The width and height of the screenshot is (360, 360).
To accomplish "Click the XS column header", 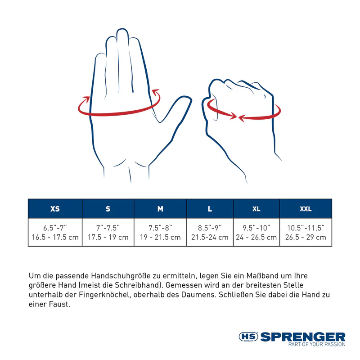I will click(x=55, y=209).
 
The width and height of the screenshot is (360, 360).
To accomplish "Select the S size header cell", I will click(x=108, y=209).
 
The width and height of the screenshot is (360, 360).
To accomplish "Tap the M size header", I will click(x=160, y=209).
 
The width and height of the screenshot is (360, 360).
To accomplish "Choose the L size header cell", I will click(x=210, y=209).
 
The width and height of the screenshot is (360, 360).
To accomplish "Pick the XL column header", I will click(x=256, y=209).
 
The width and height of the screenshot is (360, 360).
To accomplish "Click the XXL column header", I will click(x=306, y=209).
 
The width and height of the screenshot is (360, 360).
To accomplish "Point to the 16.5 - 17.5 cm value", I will click(x=55, y=237).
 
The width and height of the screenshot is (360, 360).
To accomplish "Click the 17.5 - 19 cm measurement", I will click(x=108, y=237).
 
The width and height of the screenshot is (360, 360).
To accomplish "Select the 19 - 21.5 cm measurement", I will click(x=160, y=237).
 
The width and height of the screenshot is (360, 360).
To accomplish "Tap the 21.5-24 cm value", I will click(x=210, y=237).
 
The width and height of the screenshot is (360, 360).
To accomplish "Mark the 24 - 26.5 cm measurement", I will click(x=256, y=237).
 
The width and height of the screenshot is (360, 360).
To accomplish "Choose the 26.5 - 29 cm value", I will click(x=306, y=237).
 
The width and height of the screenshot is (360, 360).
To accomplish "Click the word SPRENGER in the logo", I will click(x=303, y=337).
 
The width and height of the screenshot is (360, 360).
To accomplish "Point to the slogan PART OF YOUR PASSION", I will click(x=317, y=345).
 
